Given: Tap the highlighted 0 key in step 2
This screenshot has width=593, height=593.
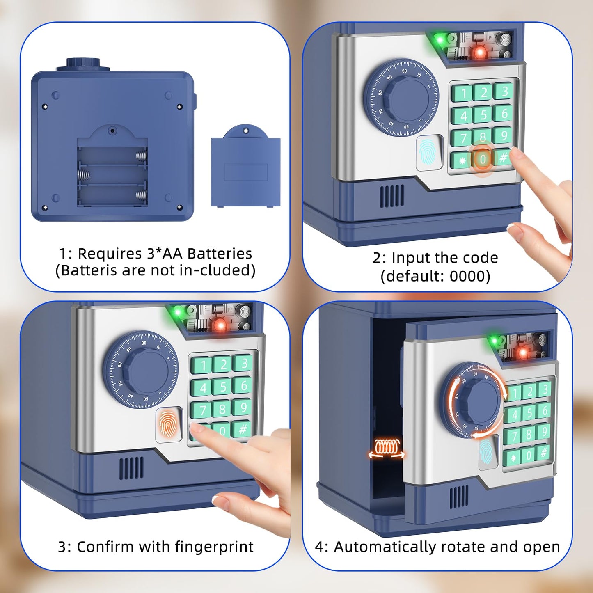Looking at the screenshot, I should click(483, 159).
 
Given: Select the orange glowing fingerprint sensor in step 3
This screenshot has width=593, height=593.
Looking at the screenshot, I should click(169, 424).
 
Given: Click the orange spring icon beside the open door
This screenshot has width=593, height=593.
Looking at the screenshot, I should click(386, 447).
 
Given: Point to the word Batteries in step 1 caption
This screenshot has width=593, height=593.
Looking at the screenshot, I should click(220, 254).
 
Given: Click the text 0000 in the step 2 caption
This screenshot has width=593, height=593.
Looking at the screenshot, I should click(467, 276).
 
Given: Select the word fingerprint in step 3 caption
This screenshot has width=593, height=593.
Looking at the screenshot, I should click(214, 547).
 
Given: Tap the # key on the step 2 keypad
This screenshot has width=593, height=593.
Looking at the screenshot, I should click(503, 157).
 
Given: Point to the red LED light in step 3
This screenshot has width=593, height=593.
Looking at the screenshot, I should click(220, 325).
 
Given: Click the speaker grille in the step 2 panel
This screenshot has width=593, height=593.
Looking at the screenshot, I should click(392, 196).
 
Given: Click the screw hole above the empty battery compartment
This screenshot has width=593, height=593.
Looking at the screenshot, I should click(112, 131).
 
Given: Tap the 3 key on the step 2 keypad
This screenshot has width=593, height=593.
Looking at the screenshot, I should click(504, 91).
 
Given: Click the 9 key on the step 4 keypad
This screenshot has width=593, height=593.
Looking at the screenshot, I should click(544, 431).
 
